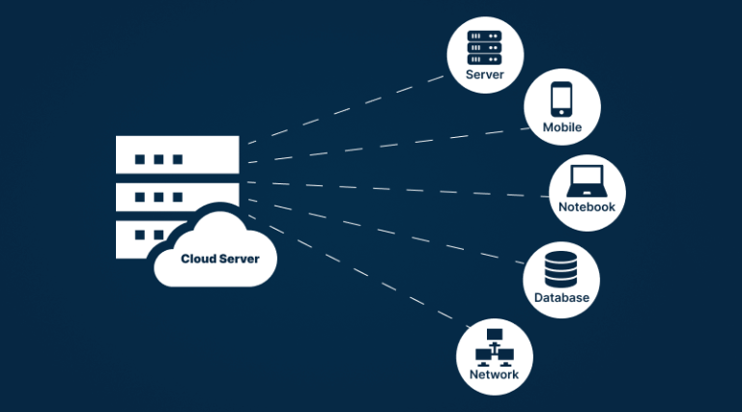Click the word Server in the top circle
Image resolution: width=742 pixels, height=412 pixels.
coord(485,74)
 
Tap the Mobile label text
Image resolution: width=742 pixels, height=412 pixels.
coord(561,127)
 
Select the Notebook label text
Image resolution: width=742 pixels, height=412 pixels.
coord(586,206)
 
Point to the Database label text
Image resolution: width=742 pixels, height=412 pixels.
coord(561,297)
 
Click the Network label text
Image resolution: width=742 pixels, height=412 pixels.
coord(494,374)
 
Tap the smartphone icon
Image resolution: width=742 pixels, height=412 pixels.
coord(562,99)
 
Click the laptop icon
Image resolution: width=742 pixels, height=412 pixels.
coord(586,179)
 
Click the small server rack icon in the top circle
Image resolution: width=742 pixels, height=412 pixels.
coord(485,46)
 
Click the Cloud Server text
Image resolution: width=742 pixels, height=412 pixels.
coord(219,259)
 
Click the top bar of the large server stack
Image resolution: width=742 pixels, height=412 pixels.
coord(177,154)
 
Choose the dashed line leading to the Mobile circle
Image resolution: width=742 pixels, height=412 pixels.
coord(386,145)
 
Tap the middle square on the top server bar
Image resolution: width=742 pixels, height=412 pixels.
coord(158,158)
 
